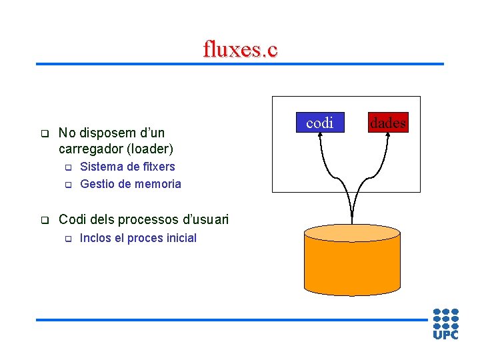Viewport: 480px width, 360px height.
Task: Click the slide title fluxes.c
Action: pyautogui.click(x=240, y=49)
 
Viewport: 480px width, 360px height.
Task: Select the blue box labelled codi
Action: pyautogui.click(x=320, y=122)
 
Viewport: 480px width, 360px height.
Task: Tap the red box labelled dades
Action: pyautogui.click(x=388, y=122)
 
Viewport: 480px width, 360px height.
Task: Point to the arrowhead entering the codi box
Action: pyautogui.click(x=323, y=133)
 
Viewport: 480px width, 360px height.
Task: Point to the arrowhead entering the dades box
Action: pyautogui.click(x=385, y=133)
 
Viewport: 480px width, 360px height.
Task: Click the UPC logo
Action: pyautogui.click(x=445, y=323)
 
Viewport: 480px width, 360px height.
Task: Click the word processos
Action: pyautogui.click(x=143, y=219)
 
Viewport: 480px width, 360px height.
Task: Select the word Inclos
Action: pyautogui.click(x=95, y=238)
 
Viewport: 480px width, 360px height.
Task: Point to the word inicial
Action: pyautogui.click(x=178, y=238)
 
